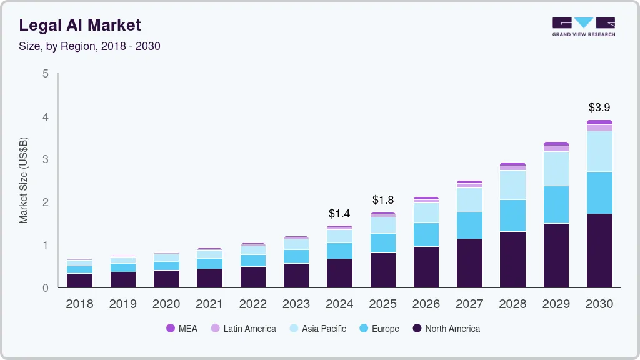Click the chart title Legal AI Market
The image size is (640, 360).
[x=80, y=25]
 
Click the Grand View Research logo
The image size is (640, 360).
[x=583, y=27]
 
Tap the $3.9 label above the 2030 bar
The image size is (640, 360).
[x=599, y=107]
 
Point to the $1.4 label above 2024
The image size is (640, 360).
[x=339, y=214]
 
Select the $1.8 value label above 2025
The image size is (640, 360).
[x=383, y=200]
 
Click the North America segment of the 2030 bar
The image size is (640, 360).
[x=599, y=251]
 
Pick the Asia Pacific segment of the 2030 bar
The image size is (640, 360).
[x=599, y=151]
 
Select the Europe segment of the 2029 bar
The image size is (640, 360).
[x=556, y=204]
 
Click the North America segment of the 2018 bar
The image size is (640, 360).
[x=79, y=280]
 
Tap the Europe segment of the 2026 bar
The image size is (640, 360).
[x=426, y=234]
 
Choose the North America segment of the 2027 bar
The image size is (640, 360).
[x=469, y=263]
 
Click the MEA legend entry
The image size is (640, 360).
[x=182, y=328]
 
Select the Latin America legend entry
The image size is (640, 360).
[x=243, y=328]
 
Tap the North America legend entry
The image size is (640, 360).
[x=446, y=328]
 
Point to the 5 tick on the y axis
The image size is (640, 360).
[x=45, y=74]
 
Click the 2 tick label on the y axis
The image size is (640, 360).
[x=45, y=202]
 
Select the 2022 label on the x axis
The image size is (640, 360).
[x=252, y=304]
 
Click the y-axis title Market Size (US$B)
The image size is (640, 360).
[x=24, y=181]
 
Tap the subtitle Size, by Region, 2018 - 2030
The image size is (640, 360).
[x=89, y=46]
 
